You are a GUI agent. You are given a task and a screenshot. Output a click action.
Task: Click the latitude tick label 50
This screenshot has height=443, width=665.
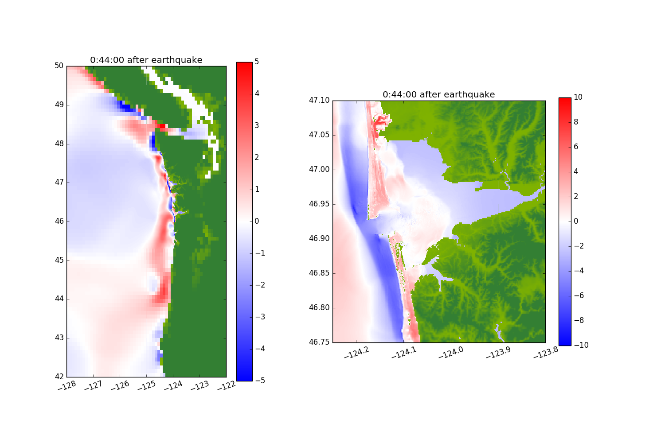click(x=59, y=66)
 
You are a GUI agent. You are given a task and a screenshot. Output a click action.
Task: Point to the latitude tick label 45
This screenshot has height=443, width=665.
click(x=59, y=260)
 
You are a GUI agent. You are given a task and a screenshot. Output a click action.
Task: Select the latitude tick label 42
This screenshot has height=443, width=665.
click(x=59, y=377)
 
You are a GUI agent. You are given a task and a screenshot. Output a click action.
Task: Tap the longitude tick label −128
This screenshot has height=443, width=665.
click(x=66, y=386)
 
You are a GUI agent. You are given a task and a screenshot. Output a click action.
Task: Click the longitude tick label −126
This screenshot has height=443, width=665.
click(x=120, y=386)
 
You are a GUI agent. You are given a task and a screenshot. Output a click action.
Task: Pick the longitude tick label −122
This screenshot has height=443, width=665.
click(x=226, y=386)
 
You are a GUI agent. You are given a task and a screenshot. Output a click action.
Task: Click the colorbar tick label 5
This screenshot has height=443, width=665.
click(x=257, y=62)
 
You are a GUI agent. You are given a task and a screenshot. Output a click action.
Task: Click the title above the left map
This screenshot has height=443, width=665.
click(x=146, y=60)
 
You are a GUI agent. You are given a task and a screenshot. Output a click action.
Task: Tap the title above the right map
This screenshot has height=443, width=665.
click(x=439, y=95)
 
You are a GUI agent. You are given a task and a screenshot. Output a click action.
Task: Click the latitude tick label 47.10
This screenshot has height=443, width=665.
click(x=320, y=101)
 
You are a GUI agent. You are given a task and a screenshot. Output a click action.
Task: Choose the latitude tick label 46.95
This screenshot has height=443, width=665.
click(x=320, y=204)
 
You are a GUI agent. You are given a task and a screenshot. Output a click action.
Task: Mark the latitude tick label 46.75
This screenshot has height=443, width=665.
click(x=320, y=342)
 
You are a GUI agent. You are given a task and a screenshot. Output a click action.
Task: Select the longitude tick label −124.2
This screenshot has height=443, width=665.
click(x=356, y=352)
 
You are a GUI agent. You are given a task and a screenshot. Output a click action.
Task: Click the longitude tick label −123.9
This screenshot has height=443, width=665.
click(x=498, y=353)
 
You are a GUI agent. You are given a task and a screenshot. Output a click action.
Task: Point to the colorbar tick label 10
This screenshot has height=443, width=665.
click(x=578, y=97)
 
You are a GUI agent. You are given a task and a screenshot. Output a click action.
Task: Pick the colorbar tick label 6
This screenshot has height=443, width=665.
click(x=576, y=147)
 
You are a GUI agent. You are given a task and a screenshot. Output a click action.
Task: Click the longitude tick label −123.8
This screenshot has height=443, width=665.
click(x=546, y=352)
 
